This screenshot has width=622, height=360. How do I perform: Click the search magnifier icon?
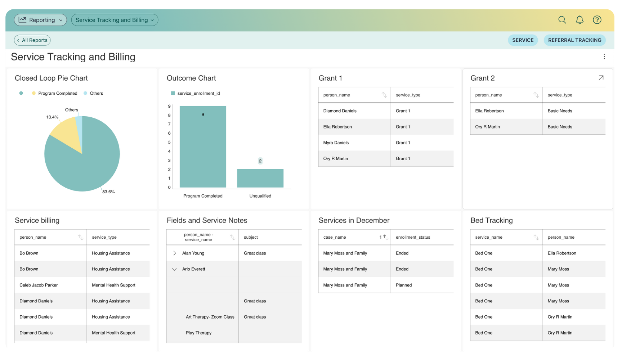[x=562, y=20]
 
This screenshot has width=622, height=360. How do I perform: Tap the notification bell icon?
[x=580, y=20]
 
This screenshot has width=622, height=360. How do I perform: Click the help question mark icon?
[x=597, y=20]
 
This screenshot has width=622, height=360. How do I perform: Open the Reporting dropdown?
[x=41, y=20]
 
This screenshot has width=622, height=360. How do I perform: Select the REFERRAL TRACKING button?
[x=574, y=40]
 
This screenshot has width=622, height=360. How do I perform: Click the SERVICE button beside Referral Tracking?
[x=523, y=40]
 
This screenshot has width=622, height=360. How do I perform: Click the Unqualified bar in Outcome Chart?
[x=260, y=178]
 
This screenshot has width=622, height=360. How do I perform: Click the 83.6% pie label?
[x=108, y=192]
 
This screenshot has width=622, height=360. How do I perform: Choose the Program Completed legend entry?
[x=57, y=93]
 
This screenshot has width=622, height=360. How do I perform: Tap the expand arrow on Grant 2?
[x=601, y=78]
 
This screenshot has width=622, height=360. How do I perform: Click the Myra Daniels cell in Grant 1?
[x=336, y=143]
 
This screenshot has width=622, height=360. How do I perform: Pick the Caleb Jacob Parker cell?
[x=39, y=285]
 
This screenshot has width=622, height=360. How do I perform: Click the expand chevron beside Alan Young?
[x=175, y=253]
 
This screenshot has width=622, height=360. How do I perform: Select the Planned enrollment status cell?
[x=404, y=285]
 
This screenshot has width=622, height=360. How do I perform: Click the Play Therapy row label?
[x=198, y=333]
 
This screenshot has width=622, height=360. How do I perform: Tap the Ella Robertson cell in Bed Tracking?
[x=562, y=253]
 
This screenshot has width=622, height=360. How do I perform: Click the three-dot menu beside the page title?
[x=604, y=57]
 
